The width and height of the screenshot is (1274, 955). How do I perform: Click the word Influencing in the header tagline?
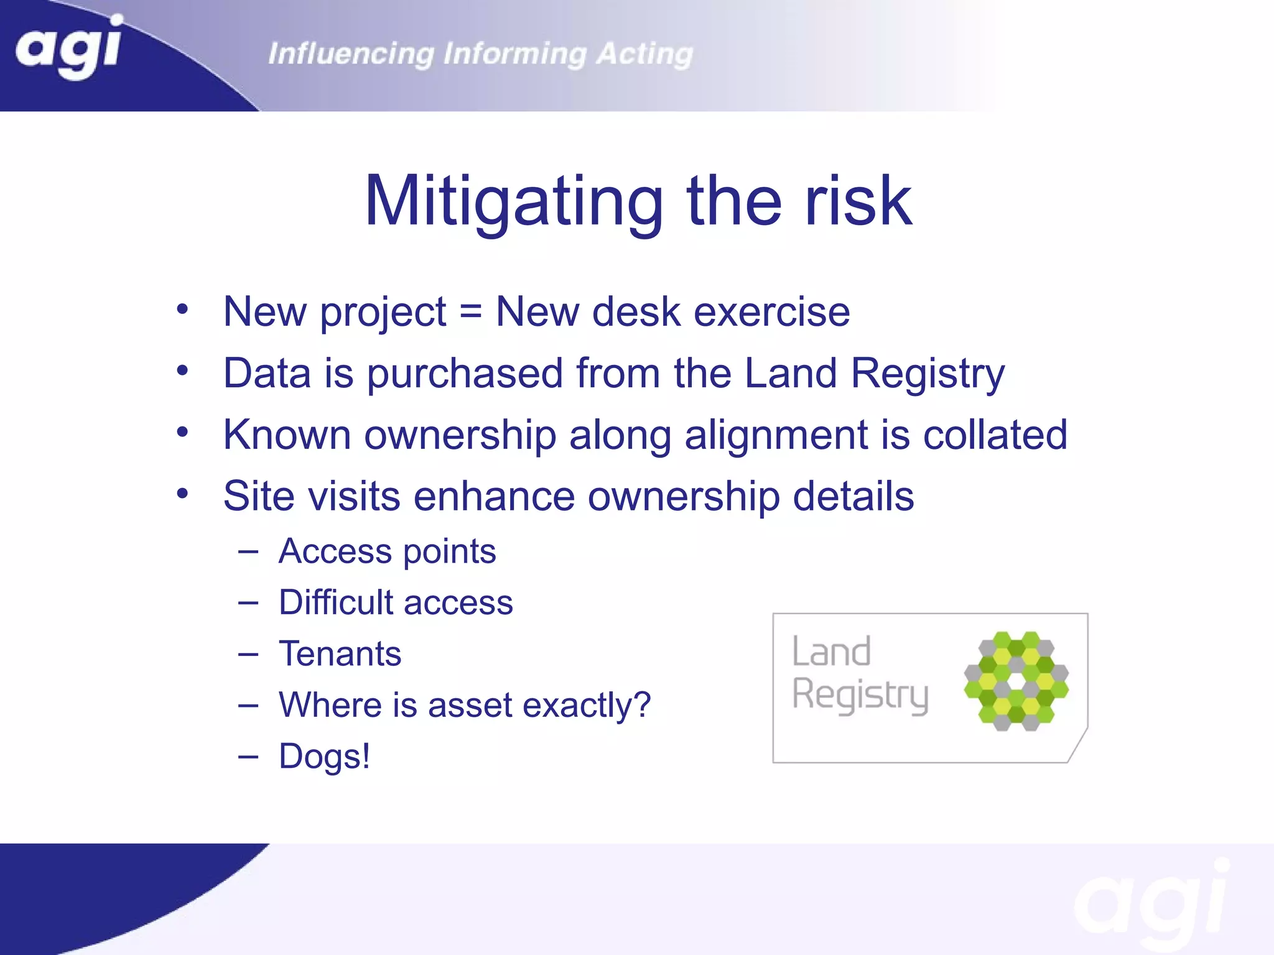point(351,54)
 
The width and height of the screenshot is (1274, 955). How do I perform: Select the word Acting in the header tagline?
point(644,54)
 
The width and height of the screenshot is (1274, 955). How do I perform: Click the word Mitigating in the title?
point(514,202)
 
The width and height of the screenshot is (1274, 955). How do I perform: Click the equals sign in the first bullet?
point(471,312)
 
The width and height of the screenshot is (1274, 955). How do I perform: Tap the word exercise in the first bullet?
point(771,311)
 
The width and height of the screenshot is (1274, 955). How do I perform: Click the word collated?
point(995,435)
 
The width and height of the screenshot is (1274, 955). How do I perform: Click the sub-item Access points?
point(387,552)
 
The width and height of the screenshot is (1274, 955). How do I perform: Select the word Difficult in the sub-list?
point(336,602)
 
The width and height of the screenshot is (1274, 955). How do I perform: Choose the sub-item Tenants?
point(340,654)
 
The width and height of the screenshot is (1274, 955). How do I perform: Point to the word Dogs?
point(324,757)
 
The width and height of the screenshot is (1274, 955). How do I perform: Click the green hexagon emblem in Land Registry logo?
point(1016,681)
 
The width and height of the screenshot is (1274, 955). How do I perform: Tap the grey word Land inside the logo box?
point(831,652)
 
